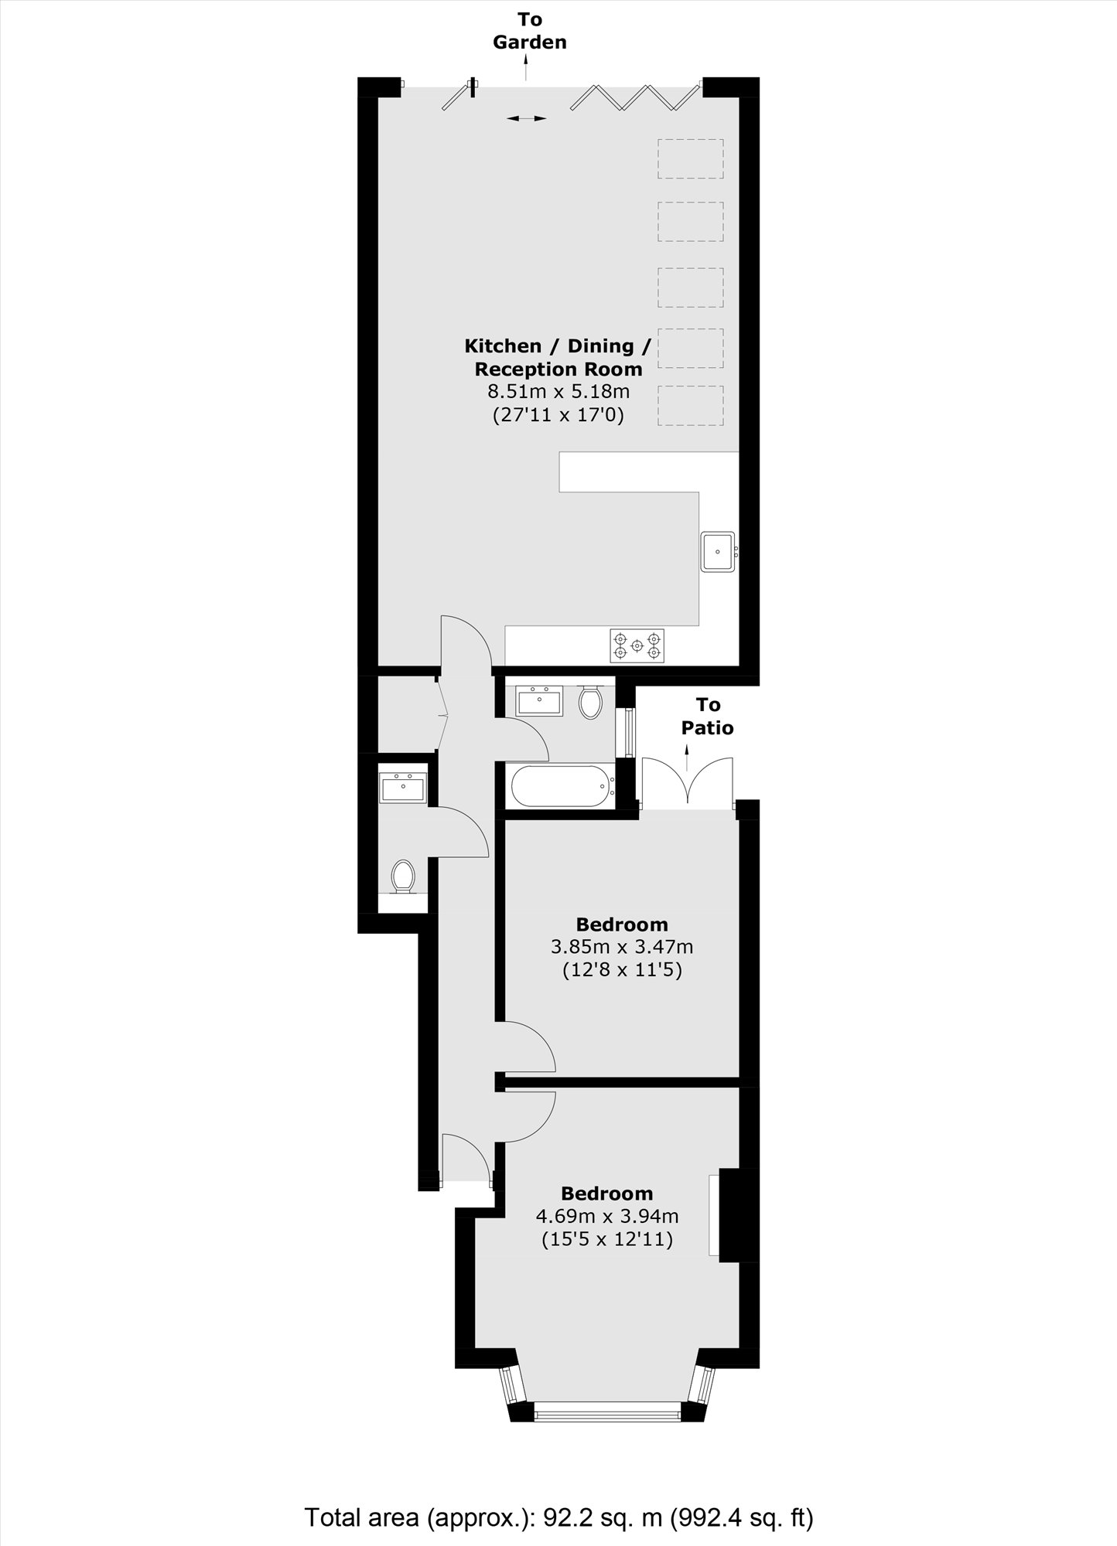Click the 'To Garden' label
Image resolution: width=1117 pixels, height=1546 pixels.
(530, 31)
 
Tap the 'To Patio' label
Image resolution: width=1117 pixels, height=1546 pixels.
(708, 716)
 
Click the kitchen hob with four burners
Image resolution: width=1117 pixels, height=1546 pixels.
(637, 645)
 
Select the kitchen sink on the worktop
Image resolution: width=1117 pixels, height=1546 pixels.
(718, 552)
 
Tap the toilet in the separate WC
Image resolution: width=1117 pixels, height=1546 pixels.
(402, 877)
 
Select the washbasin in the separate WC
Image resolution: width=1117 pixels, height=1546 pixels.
(403, 788)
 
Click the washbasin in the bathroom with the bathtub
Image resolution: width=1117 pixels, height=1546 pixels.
(538, 700)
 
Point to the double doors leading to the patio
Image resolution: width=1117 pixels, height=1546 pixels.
(687, 782)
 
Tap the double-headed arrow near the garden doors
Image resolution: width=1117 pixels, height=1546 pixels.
(527, 118)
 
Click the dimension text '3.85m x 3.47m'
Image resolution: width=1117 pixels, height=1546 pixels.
(621, 946)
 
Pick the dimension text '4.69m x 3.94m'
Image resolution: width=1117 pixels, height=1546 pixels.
(606, 1216)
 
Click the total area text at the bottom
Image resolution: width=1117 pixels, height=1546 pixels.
(558, 1496)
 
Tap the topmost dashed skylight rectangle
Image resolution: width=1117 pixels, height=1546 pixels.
(691, 158)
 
